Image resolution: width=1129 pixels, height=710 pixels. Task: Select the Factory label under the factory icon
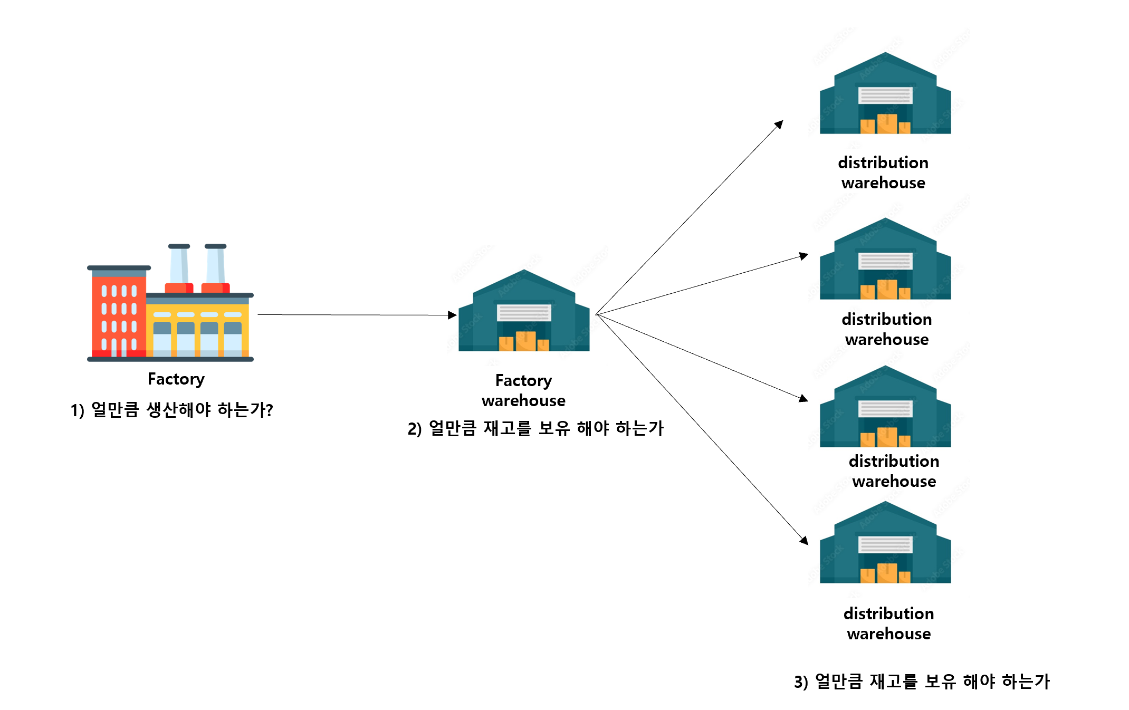[176, 379]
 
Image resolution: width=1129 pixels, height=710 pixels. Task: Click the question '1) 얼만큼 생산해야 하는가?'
[171, 410]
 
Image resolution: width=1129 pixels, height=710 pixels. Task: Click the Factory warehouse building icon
[523, 311]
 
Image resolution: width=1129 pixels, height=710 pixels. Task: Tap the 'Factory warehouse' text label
[523, 390]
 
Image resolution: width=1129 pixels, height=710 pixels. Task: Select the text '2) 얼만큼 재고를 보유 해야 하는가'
[535, 428]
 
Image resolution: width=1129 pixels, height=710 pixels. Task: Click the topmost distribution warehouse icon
[885, 94]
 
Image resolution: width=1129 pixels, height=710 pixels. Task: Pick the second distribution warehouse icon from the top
[885, 260]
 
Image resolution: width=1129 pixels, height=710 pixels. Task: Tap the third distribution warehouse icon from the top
[885, 407]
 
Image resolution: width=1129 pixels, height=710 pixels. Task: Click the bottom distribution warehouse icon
[885, 543]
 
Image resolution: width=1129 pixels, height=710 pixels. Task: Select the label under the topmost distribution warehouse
[883, 172]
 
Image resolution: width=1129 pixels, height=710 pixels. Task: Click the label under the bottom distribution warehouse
[888, 623]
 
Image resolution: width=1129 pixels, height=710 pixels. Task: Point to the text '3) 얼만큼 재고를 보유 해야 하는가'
[922, 682]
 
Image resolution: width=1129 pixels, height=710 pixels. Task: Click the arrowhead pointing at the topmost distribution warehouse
[779, 124]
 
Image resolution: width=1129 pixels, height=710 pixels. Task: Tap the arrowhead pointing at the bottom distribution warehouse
[804, 540]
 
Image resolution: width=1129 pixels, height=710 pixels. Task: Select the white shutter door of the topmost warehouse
[885, 95]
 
